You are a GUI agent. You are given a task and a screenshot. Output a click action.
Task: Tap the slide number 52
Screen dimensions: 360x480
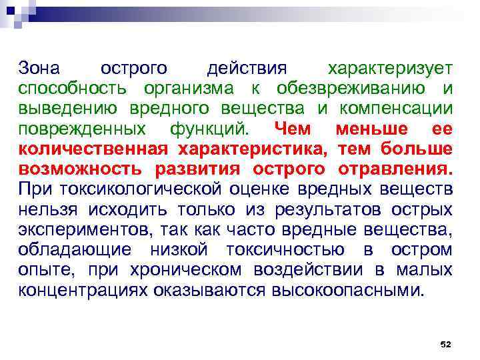(x=446, y=344)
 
